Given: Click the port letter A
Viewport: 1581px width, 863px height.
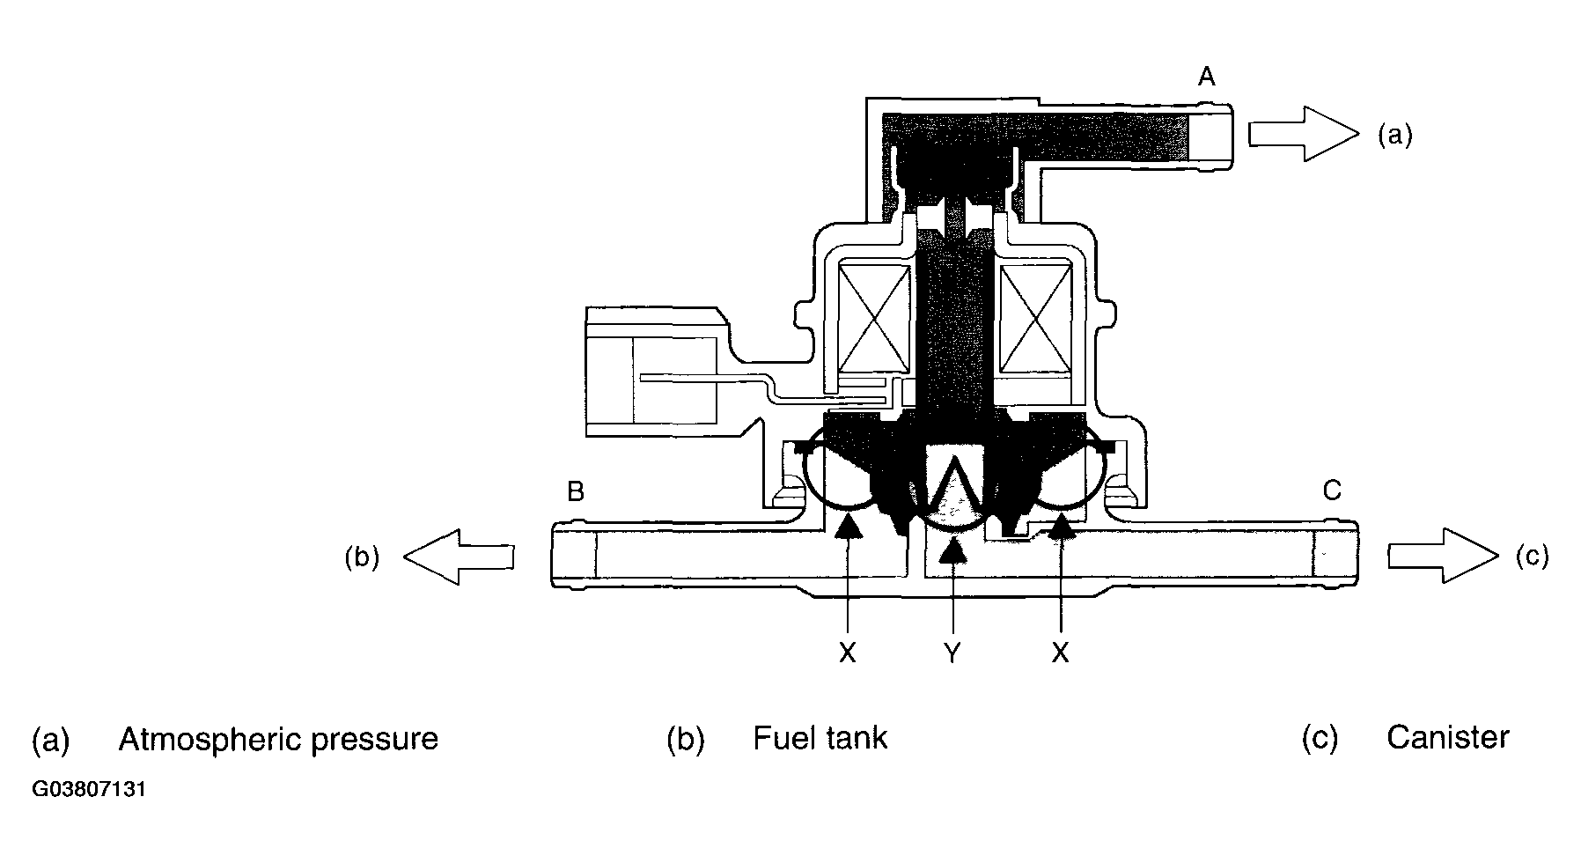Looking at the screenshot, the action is pos(1206,77).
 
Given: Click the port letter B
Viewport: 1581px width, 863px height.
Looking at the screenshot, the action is pos(576,491).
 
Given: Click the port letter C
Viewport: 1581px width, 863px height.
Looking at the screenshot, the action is pos(1332,490).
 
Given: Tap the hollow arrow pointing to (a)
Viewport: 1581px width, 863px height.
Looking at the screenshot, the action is pos(1304,134).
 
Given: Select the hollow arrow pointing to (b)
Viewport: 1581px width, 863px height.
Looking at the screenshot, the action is pos(459,557).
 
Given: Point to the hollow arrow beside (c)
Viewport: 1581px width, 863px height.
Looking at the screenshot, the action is pos(1443,556).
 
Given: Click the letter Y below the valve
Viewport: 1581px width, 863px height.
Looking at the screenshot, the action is pos(952,653).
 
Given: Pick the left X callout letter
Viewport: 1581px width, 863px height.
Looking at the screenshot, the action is pos(847,653).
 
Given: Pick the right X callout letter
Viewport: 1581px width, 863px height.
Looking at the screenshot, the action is pos(1060,653).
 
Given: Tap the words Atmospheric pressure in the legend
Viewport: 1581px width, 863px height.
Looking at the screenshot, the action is pos(278,738).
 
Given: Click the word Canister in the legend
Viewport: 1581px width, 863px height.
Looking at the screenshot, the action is pos(1448,737).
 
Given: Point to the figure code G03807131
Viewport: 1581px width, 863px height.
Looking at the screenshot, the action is pos(89,789).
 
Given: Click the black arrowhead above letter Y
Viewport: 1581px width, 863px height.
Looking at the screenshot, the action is pos(952,551).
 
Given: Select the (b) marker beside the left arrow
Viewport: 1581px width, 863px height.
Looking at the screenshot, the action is pos(362,557).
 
